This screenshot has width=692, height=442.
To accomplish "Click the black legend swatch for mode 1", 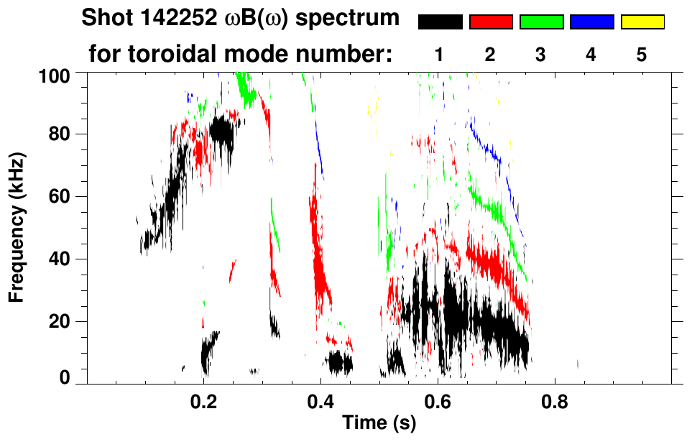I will pyautogui.click(x=440, y=22).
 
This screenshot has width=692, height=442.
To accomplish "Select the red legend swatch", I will pyautogui.click(x=491, y=22).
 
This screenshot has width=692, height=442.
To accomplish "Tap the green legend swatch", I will pyautogui.click(x=541, y=22).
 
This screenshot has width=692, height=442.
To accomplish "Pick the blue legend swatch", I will pyautogui.click(x=591, y=22).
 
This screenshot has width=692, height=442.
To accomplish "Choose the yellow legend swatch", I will pyautogui.click(x=642, y=22).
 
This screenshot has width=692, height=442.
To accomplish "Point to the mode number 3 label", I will pyautogui.click(x=541, y=55).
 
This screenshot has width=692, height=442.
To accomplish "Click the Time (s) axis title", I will pyautogui.click(x=379, y=424).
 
